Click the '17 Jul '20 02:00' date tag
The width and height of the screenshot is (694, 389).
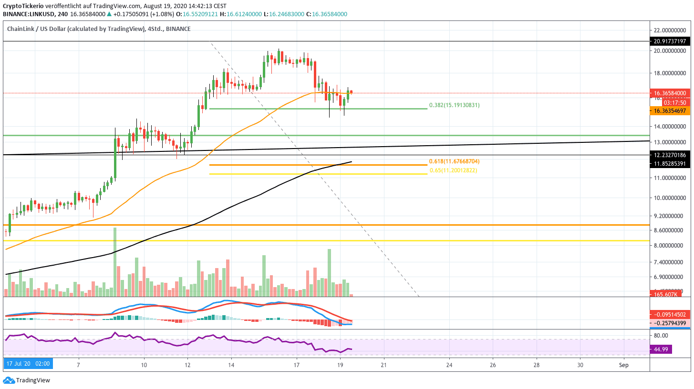[x=28, y=364]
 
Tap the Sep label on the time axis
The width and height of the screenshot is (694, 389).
[x=623, y=364]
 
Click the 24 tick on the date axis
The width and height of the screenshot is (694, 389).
[x=449, y=364]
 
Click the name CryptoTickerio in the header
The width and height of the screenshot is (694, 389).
[x=23, y=6]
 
